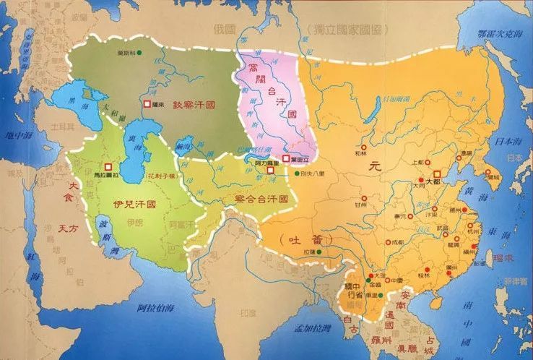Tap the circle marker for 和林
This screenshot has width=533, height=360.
(361, 145)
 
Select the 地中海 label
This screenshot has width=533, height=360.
(15, 135)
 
